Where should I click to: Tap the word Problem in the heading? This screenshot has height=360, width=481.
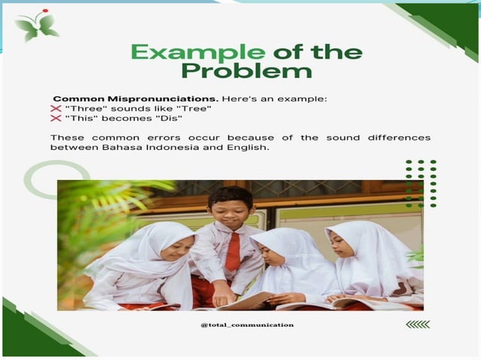[x=246, y=72]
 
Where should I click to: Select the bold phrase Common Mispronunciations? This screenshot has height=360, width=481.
[x=105, y=99]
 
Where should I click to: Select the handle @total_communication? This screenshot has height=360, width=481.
[x=247, y=325]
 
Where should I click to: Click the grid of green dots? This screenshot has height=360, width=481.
[x=421, y=183]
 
